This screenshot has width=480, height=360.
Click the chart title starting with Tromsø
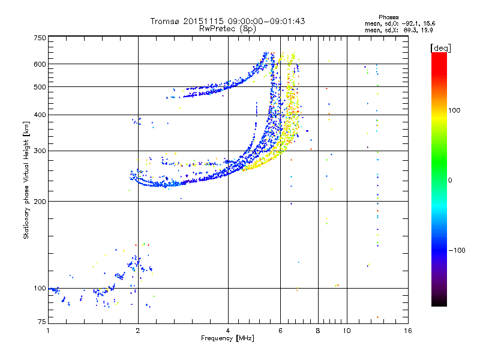coord(228,21)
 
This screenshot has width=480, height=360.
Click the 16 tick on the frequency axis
coord(407,331)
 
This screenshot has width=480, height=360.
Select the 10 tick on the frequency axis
coord(346,331)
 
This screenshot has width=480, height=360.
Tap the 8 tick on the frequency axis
coord(318,331)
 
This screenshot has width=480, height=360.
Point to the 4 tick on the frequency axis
coord(228,331)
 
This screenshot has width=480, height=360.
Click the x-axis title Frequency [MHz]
coord(228,338)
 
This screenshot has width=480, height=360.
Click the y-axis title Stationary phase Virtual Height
coord(26,180)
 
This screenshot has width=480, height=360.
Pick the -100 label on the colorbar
coord(460,250)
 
